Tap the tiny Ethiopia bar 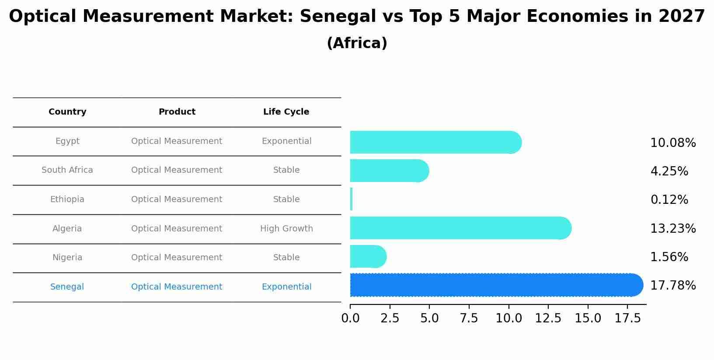pyautogui.click(x=351, y=199)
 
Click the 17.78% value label pyautogui.click(x=672, y=286)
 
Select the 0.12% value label pyautogui.click(x=669, y=200)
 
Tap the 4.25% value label pyautogui.click(x=669, y=171)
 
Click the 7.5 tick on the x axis pyautogui.click(x=469, y=318)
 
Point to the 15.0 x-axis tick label pyautogui.click(x=588, y=318)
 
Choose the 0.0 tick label pyautogui.click(x=350, y=318)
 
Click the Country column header pyautogui.click(x=67, y=112)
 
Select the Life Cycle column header pyautogui.click(x=286, y=112)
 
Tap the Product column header pyautogui.click(x=177, y=112)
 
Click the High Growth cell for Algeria pyautogui.click(x=286, y=229)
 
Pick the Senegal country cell pyautogui.click(x=67, y=287)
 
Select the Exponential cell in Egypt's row pyautogui.click(x=286, y=141)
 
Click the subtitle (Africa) pyautogui.click(x=357, y=43)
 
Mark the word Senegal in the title pyautogui.click(x=338, y=17)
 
